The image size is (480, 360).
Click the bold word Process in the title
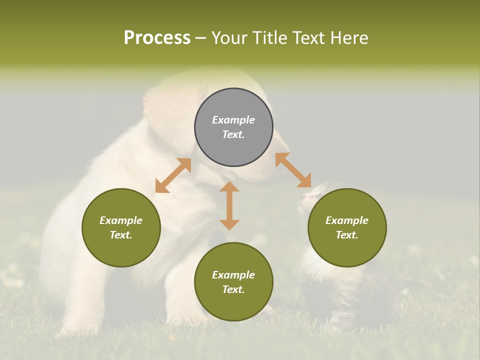157,38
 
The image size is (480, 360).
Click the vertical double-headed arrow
229,205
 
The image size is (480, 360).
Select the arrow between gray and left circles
173,175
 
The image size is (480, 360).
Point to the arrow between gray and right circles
293,170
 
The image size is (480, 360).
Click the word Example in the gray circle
233,120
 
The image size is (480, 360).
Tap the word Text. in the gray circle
233,134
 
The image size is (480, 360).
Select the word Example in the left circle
121,220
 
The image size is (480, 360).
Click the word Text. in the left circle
121,235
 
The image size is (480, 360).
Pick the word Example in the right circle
347,220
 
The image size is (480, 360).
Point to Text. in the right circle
347,235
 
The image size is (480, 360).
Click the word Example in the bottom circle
233,275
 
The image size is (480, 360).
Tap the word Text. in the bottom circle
233,289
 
